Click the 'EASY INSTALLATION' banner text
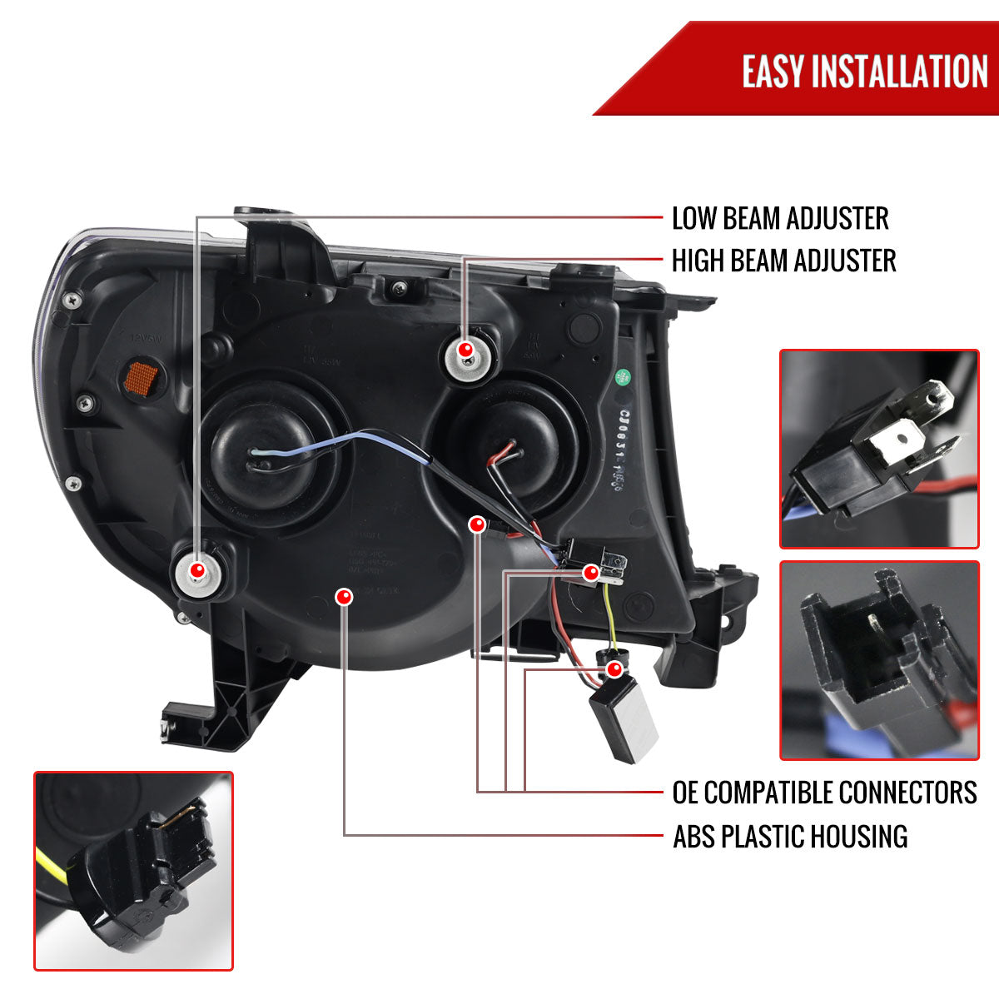point(864,71)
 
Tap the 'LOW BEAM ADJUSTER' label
point(780,219)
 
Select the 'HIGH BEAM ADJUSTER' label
point(783,261)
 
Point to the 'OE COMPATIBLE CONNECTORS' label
point(824,792)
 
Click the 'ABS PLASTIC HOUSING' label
point(790,836)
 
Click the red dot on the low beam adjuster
point(197,570)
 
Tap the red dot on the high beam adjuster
point(467,350)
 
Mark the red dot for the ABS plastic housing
point(344,596)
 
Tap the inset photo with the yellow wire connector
point(133,871)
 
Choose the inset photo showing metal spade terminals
point(879,449)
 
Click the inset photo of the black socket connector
point(879,660)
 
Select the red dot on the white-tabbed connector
point(590,572)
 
